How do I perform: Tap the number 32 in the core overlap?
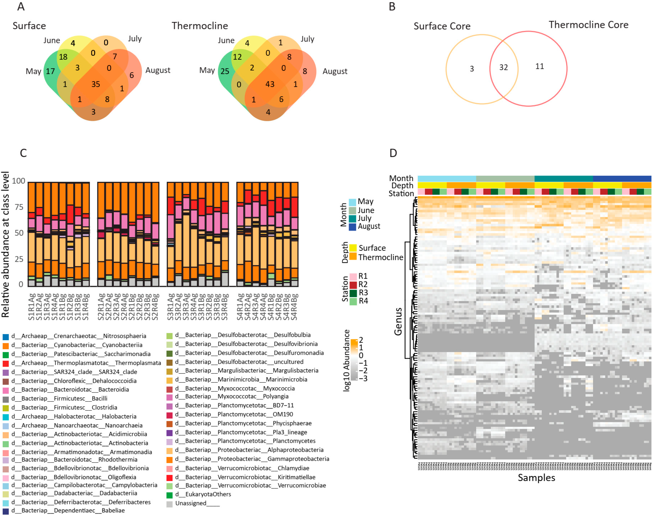(503, 67)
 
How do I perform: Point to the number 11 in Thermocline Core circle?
(539, 67)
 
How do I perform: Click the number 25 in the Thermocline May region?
(225, 71)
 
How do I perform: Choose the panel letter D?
(393, 153)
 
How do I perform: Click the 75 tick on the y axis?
(19, 207)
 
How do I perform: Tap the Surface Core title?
(442, 26)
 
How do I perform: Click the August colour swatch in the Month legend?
(352, 227)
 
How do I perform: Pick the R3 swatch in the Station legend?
(353, 293)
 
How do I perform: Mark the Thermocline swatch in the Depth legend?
(353, 257)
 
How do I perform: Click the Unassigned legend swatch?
(170, 504)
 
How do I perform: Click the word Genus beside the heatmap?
(398, 321)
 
